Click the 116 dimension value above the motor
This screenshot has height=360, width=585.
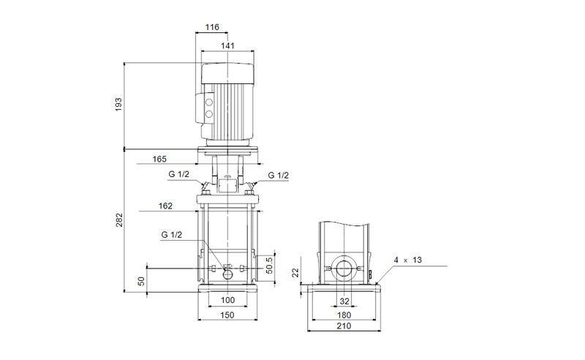(212, 27)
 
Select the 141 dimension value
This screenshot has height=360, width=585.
(228, 45)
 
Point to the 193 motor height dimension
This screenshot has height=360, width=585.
(118, 105)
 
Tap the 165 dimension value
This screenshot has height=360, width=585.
(160, 159)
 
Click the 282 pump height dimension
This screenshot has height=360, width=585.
(118, 220)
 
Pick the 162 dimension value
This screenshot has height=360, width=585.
(165, 206)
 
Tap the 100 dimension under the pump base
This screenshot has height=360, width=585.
(227, 301)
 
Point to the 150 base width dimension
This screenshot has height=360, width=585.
(227, 316)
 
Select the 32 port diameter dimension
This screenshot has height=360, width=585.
(344, 301)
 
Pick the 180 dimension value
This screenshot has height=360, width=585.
(344, 316)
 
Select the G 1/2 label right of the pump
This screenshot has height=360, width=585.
(278, 176)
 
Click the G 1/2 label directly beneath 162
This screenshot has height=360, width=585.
(171, 234)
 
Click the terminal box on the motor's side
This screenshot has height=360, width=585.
(208, 106)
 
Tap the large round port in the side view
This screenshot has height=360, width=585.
(344, 271)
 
